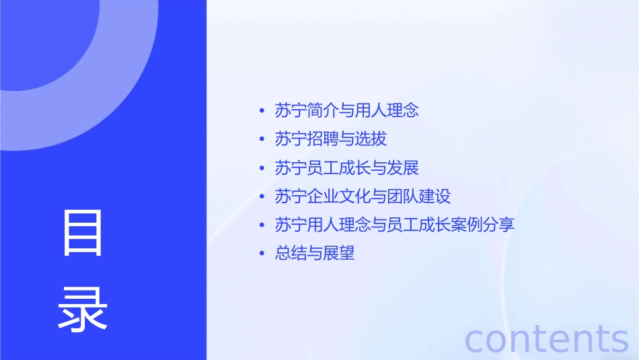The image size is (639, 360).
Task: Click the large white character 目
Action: click(x=83, y=233)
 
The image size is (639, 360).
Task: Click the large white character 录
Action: click(x=83, y=309)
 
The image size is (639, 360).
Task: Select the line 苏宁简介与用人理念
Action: click(x=347, y=110)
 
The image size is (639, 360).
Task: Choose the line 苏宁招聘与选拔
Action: click(x=331, y=139)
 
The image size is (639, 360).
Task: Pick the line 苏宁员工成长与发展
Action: click(x=347, y=168)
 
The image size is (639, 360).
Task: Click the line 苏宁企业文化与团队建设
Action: click(x=363, y=196)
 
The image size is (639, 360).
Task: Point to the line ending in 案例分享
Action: click(x=395, y=225)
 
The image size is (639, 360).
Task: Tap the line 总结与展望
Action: click(x=315, y=254)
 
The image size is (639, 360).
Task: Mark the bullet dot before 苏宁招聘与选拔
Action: click(x=262, y=139)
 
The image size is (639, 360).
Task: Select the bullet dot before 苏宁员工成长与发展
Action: click(x=262, y=168)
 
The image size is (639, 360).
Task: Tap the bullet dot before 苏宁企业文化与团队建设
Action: click(x=262, y=196)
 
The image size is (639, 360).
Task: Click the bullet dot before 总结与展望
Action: click(x=262, y=254)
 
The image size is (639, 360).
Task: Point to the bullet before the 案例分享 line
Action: click(x=262, y=225)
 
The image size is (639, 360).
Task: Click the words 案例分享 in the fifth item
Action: click(x=483, y=225)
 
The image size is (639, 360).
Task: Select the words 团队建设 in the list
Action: click(x=418, y=196)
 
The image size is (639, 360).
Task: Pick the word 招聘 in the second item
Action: click(x=323, y=139)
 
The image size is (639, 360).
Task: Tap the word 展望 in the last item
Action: click(x=338, y=254)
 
